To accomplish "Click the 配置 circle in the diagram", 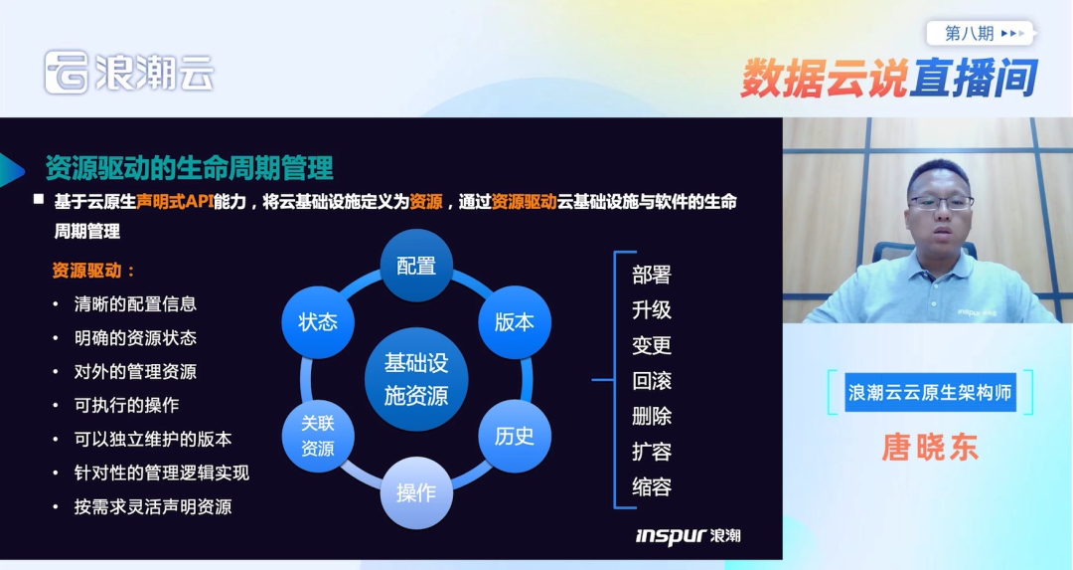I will tap(416, 266).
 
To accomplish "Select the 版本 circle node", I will tap(514, 322).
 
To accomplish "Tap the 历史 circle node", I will tap(514, 436).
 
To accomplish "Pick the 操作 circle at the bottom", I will tap(416, 492).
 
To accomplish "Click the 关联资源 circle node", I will tap(318, 436).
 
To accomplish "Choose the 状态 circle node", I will tap(318, 322).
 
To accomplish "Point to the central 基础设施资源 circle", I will tap(416, 379).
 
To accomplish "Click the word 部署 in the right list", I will tap(652, 275).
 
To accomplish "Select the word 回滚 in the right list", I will tap(652, 381).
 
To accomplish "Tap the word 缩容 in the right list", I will tap(652, 487).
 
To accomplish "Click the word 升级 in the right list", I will tap(652, 310).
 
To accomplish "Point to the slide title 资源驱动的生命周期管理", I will tap(189, 167).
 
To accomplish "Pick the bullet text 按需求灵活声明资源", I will tap(152, 506).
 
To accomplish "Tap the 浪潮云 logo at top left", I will tap(129, 73).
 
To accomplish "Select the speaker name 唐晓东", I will tap(930, 448).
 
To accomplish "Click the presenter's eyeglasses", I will tap(940, 203).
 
